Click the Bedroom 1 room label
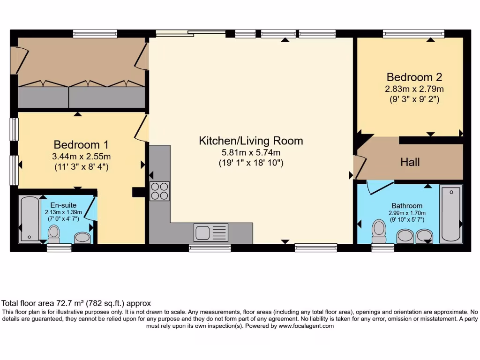(77, 144)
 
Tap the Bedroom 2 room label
(414, 77)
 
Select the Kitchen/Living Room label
(251, 141)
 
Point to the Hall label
(410, 162)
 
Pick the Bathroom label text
(407, 205)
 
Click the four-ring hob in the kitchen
(159, 191)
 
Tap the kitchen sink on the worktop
(211, 232)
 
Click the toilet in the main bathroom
(378, 230)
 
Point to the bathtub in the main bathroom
(450, 213)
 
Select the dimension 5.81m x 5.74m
(251, 152)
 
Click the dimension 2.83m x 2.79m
(414, 89)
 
